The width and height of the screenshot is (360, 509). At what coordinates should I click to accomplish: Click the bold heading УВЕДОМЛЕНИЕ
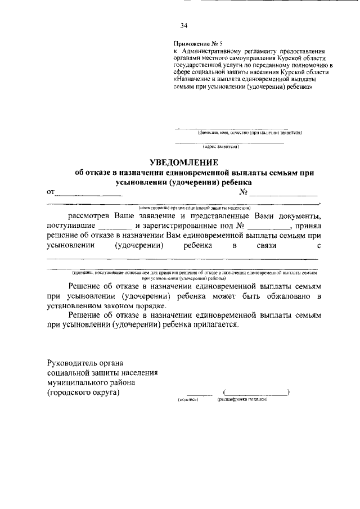pos(179,162)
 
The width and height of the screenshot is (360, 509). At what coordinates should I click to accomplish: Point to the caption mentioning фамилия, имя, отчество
pos(250,133)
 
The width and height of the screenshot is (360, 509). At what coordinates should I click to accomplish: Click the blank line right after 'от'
pos(89,193)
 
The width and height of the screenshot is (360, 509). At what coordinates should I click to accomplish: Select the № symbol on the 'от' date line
pos(244,192)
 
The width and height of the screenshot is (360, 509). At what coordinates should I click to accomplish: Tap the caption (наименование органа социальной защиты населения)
pos(190,208)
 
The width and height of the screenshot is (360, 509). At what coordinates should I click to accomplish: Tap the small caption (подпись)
pos(188,399)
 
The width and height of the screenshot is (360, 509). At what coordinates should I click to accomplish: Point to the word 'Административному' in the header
pos(217,51)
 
